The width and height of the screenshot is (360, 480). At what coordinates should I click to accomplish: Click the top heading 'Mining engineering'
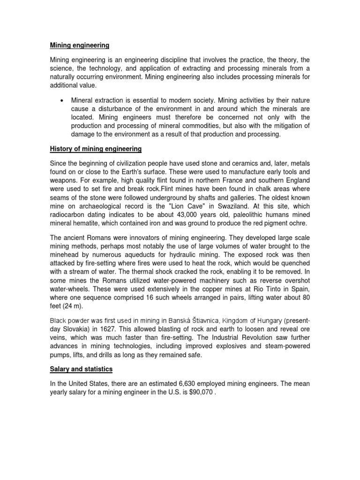80,45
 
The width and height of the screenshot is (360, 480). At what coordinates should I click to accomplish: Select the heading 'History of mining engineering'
95,150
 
